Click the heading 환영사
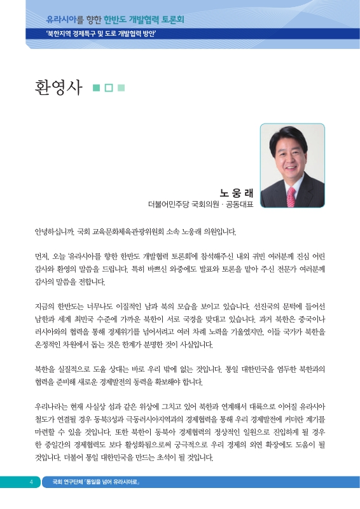point(58,87)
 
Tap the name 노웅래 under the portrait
point(236,192)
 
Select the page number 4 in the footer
point(30,482)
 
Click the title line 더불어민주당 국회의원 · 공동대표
point(200,204)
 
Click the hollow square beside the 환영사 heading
point(109,88)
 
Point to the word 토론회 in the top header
point(171,20)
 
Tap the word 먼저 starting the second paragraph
point(43,256)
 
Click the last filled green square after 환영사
point(121,88)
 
